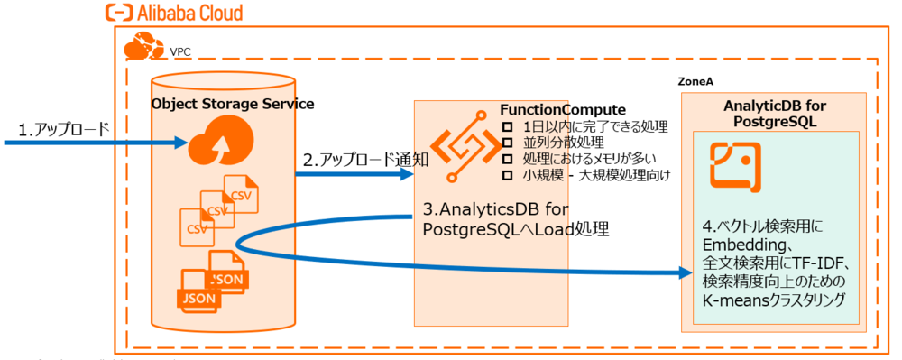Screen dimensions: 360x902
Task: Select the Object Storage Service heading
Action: point(233,104)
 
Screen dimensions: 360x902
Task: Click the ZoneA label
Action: point(695,81)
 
